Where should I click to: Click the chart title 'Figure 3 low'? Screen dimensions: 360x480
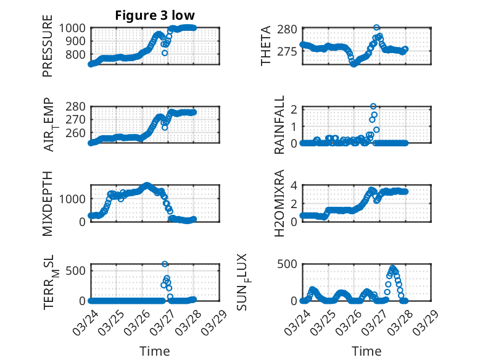click(155, 16)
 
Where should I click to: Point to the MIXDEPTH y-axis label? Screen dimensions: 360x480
click(48, 204)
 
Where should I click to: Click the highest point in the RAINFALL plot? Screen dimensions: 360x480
click(373, 107)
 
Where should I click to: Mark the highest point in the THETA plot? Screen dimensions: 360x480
click(376, 28)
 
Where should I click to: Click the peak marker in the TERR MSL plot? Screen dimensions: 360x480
click(165, 264)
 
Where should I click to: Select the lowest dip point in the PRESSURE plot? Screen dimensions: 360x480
click(165, 53)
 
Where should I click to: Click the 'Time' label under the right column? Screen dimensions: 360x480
click(366, 351)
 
